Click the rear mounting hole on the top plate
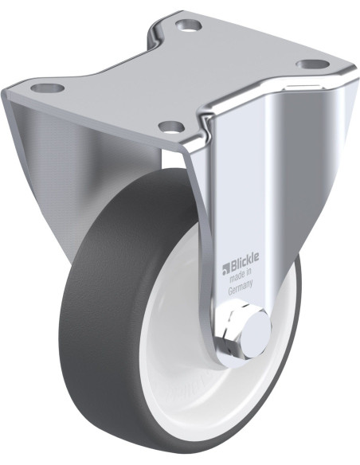tap(189, 25)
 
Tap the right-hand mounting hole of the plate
tap(312, 64)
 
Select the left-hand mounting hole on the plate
tap(48, 88)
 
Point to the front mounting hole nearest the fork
tap(171, 127)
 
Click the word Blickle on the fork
tap(245, 260)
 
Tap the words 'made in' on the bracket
tap(241, 275)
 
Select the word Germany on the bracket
tap(241, 287)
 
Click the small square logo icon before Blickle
tap(226, 268)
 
